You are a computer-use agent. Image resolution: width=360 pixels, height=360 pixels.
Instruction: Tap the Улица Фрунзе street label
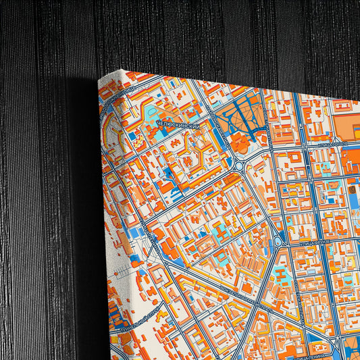[336, 241]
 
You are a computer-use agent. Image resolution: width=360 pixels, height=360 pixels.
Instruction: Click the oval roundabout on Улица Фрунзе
[278, 241]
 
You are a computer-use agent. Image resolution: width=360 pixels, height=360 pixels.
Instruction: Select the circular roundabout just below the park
[240, 164]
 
